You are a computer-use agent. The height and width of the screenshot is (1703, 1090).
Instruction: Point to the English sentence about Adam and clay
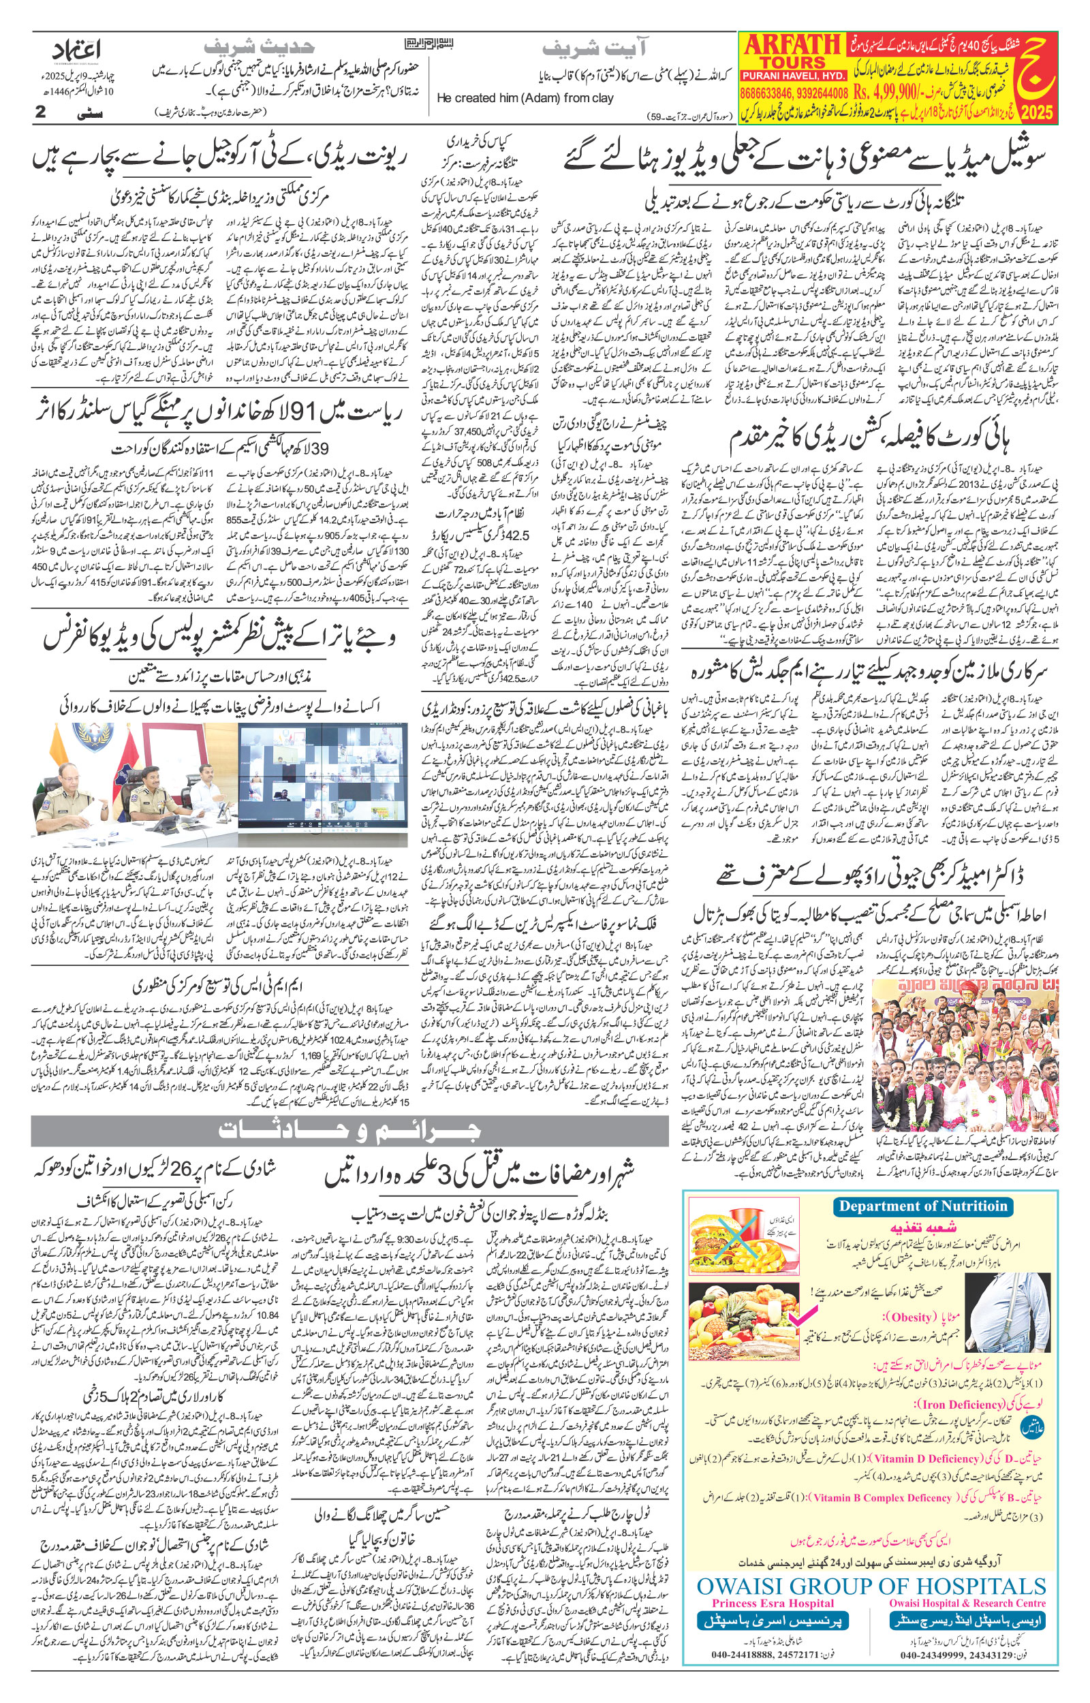click(x=525, y=98)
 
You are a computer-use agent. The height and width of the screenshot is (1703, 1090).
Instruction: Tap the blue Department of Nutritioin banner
click(x=922, y=1206)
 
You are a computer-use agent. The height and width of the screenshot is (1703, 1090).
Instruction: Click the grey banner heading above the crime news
click(x=349, y=1130)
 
